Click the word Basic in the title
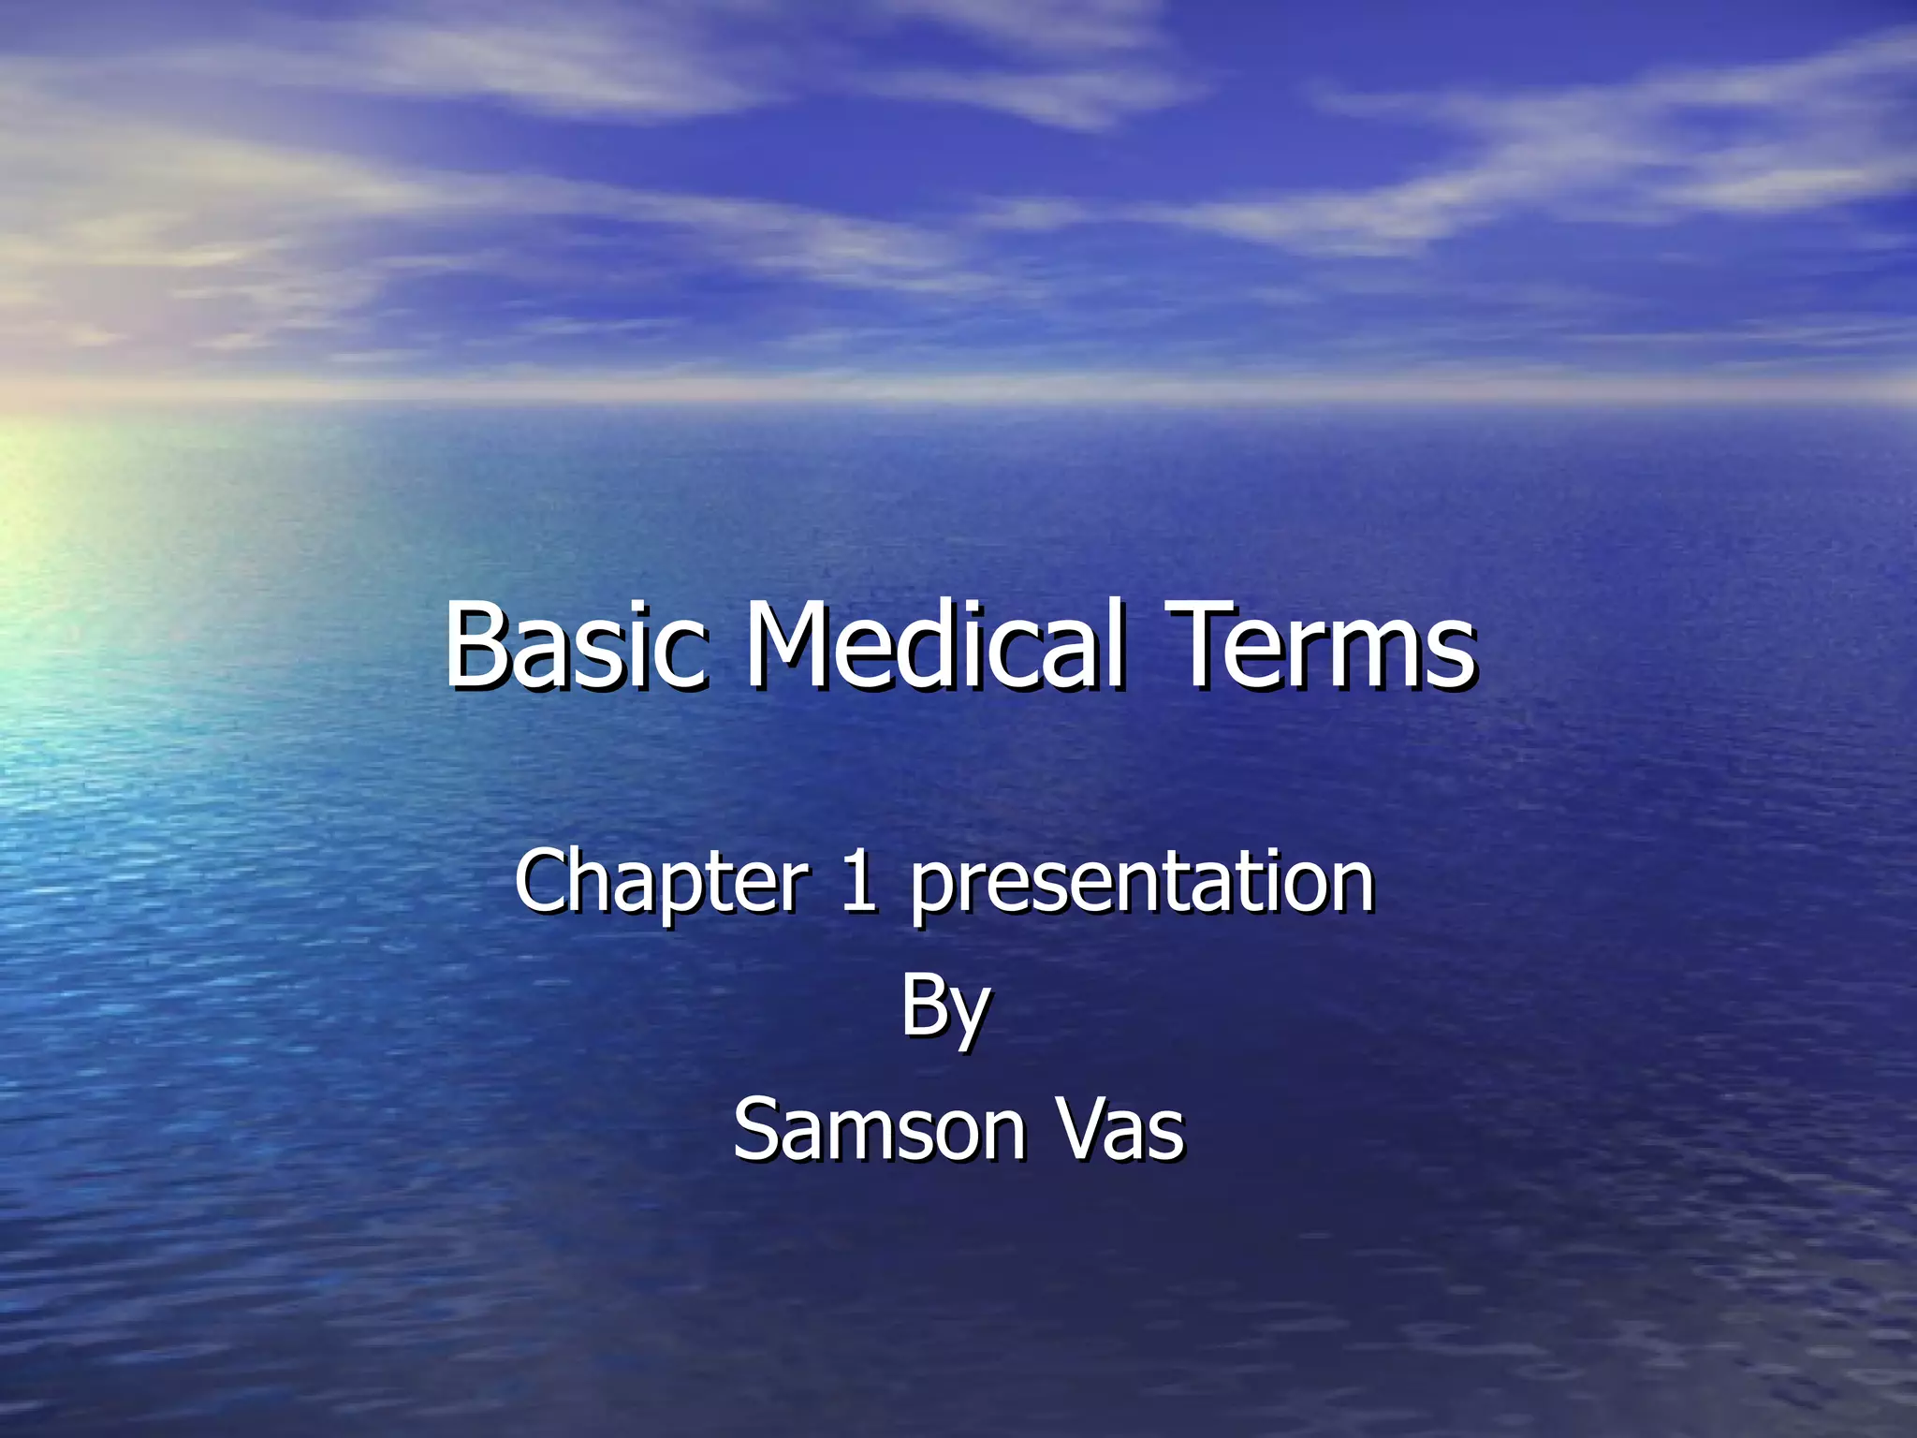click(x=573, y=645)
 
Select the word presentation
click(x=1142, y=885)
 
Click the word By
click(x=945, y=1006)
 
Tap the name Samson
click(x=878, y=1130)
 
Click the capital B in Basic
click(x=476, y=645)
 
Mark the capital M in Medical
click(x=785, y=645)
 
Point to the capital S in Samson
click(x=757, y=1130)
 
